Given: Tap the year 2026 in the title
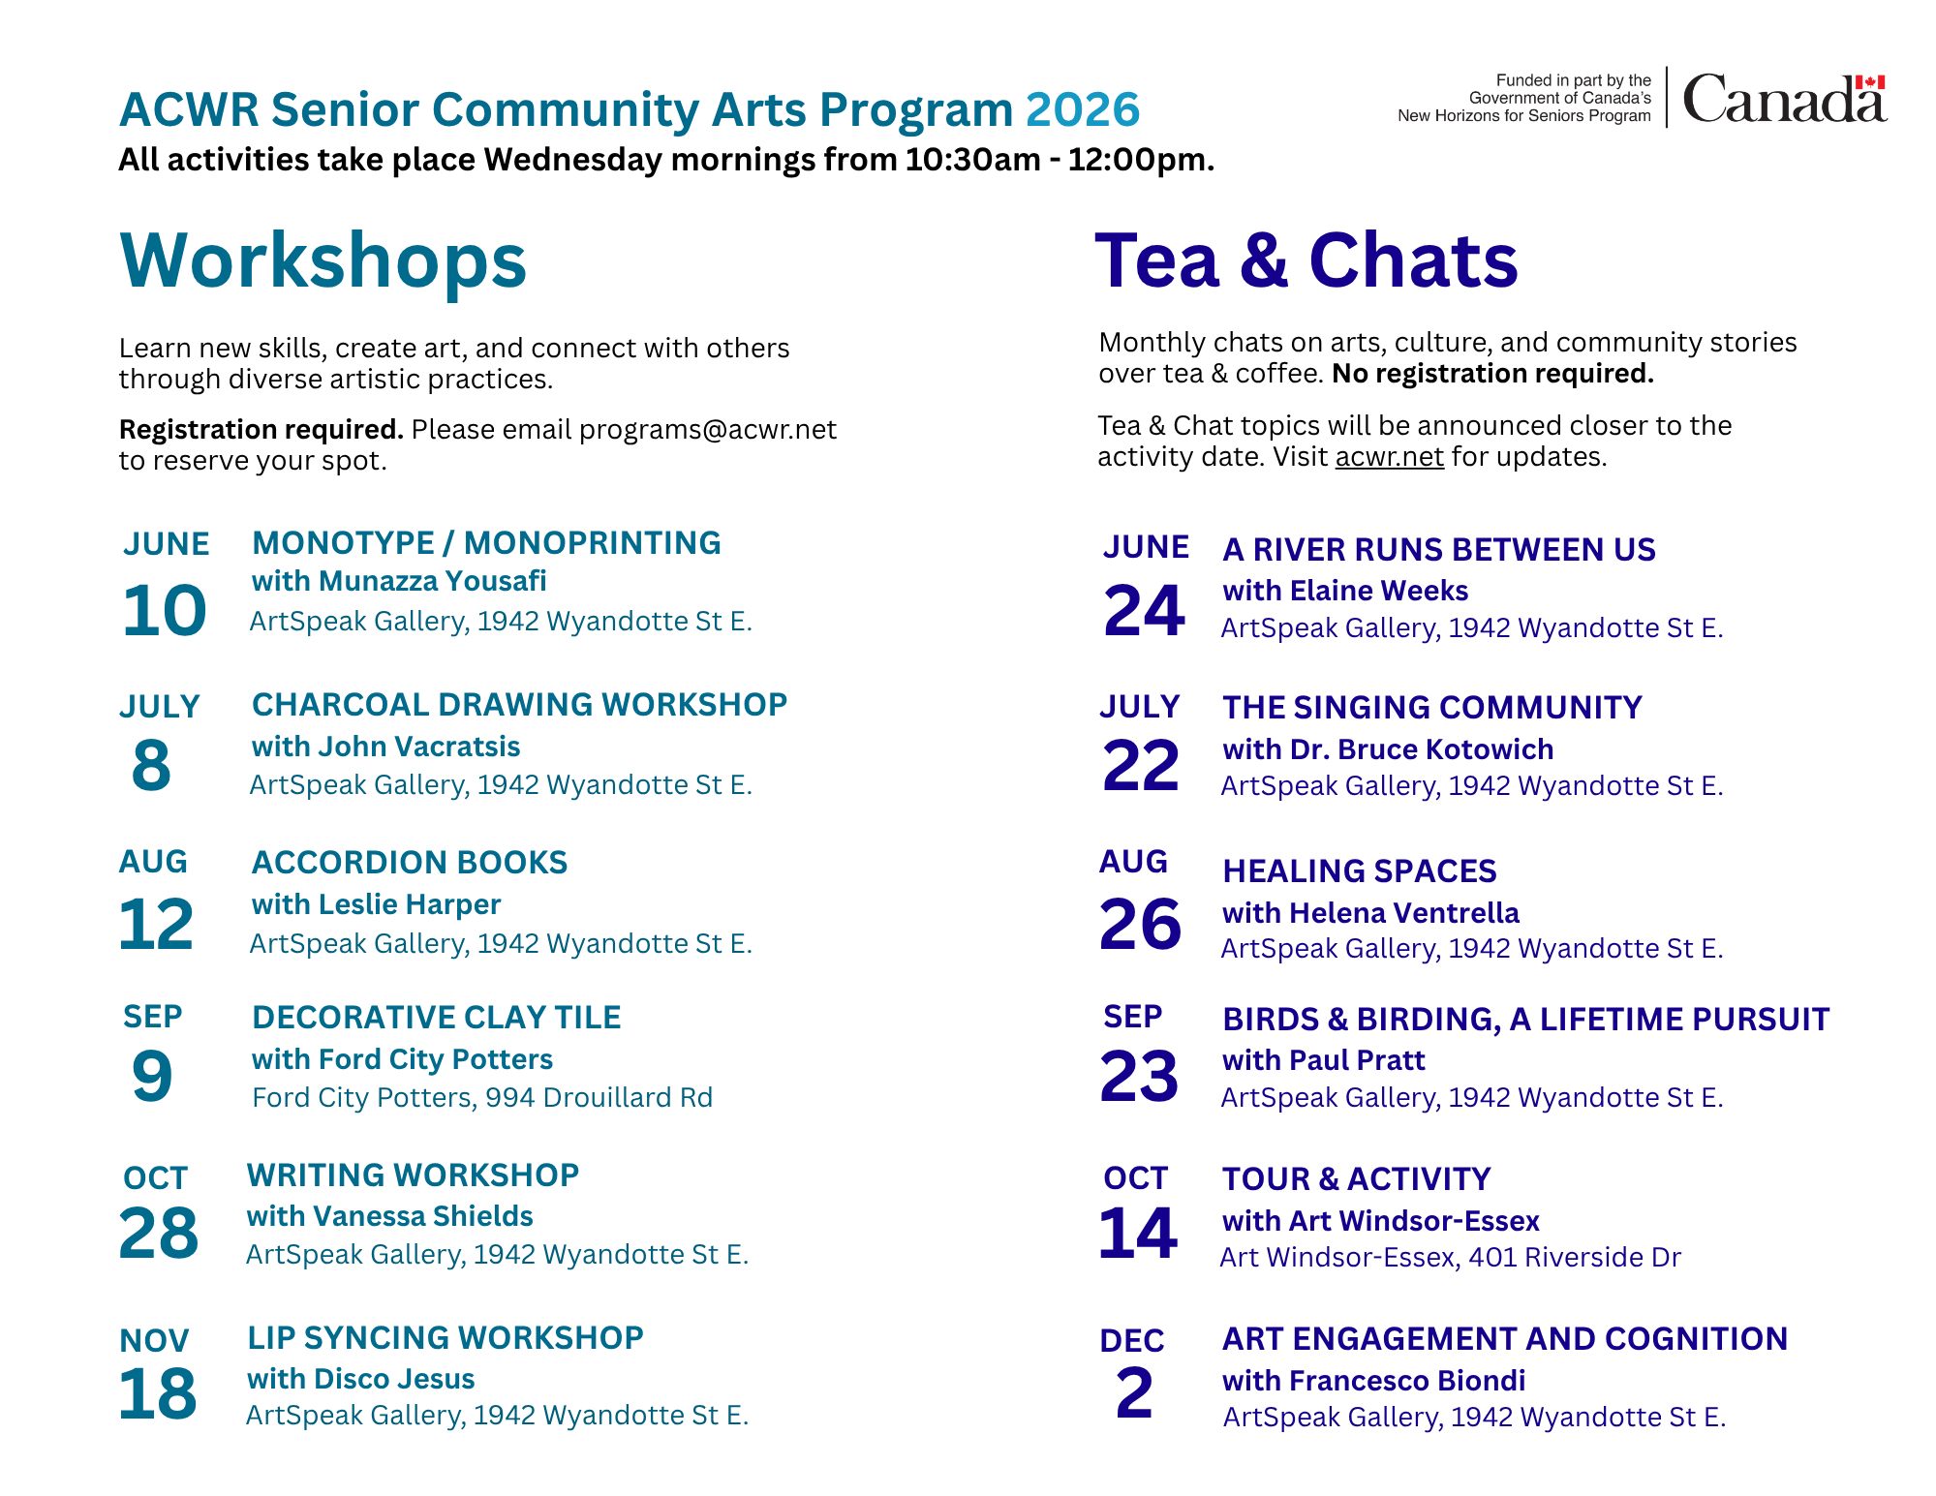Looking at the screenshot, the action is click(x=1083, y=109).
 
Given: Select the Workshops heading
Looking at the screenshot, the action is click(x=323, y=260).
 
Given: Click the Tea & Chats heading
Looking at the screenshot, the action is click(x=1306, y=260).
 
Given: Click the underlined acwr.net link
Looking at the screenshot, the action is click(x=1390, y=456).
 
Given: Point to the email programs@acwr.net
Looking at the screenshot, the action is click(x=708, y=430).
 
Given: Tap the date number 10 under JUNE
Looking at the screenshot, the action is click(x=165, y=611).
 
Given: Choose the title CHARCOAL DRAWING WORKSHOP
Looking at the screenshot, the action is click(x=520, y=705).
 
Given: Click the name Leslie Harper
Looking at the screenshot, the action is click(x=410, y=904).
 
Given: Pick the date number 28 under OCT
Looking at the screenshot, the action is click(x=159, y=1234).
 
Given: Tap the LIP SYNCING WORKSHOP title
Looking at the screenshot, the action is click(x=446, y=1338).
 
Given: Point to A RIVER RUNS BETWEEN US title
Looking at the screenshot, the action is click(x=1439, y=550).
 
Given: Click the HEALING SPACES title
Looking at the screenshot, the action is click(x=1360, y=871).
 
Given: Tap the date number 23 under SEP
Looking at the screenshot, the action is click(x=1139, y=1077).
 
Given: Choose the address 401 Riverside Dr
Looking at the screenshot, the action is click(x=1575, y=1257).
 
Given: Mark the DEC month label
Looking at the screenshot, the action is click(x=1132, y=1341).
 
